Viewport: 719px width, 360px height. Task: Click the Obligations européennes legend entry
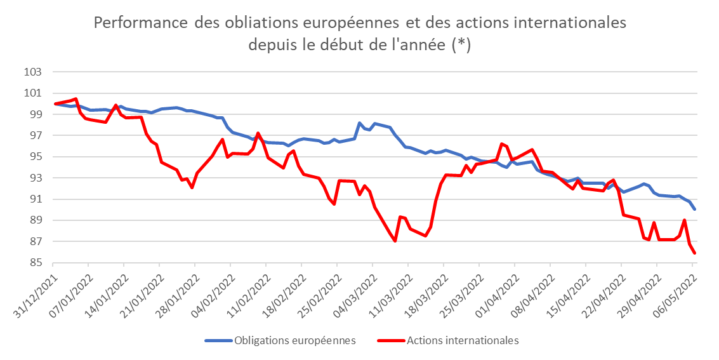(x=294, y=340)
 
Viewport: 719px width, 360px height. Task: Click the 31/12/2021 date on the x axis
(x=36, y=291)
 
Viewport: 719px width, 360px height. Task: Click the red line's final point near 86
(x=695, y=253)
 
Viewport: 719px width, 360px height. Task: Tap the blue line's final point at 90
(x=695, y=209)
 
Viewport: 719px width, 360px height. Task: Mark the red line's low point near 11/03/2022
(x=395, y=241)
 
